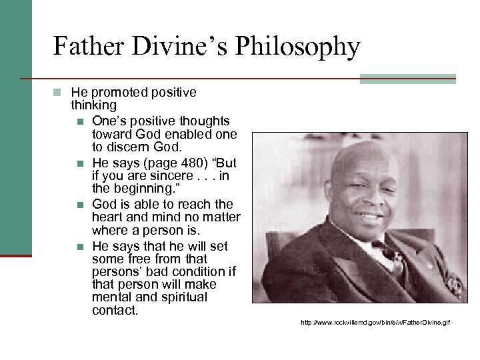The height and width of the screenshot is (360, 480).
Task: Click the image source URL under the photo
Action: pos(375,323)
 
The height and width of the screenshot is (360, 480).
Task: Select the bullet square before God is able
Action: pos(80,203)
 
